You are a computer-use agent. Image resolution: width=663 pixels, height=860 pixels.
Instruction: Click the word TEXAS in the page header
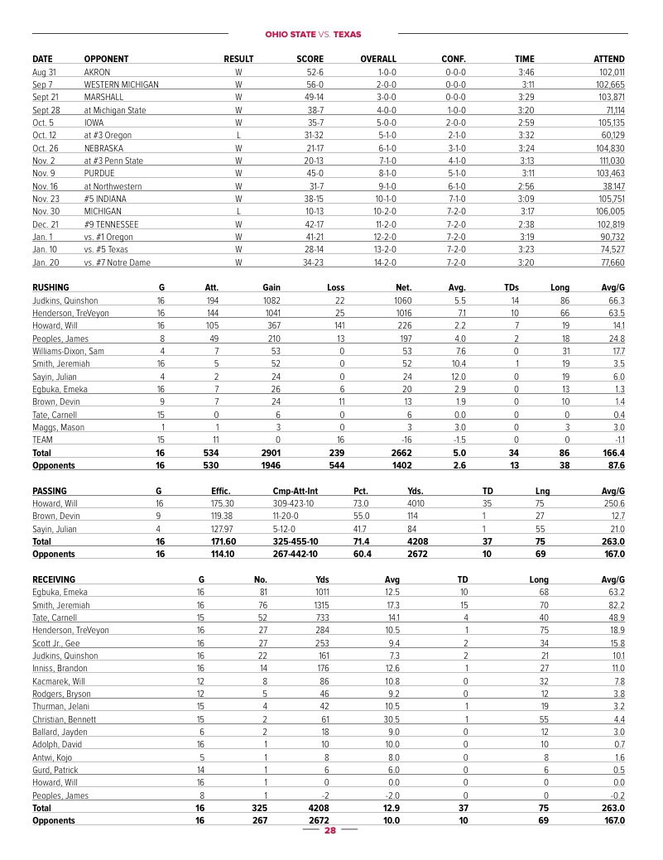[x=347, y=35]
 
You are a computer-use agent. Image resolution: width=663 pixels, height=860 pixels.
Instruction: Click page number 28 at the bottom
[x=329, y=830]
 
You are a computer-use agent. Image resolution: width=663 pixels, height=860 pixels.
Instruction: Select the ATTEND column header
[x=608, y=59]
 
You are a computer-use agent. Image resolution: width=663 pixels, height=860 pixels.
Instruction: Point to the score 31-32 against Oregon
[x=314, y=135]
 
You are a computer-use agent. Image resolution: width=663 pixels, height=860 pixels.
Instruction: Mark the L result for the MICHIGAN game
[x=238, y=212]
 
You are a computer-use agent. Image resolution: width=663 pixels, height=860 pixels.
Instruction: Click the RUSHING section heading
[x=50, y=288]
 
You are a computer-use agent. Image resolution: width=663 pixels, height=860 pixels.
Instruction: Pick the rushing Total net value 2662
[x=402, y=454]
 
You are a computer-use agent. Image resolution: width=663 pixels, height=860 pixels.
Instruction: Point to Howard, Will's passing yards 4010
[x=416, y=503]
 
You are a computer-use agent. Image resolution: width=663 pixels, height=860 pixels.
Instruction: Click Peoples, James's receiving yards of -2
[x=323, y=795]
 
